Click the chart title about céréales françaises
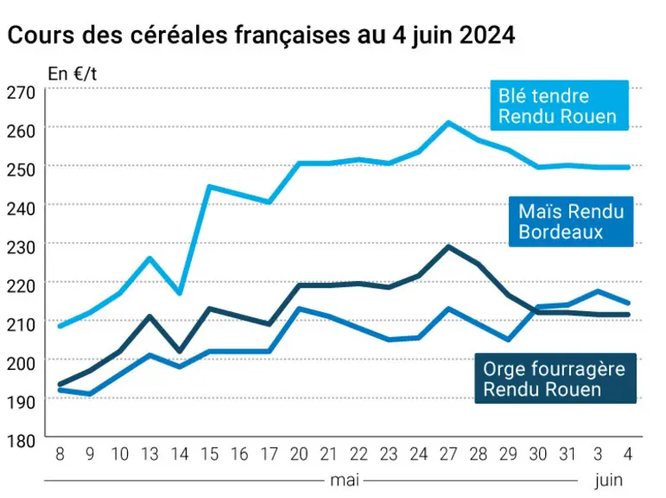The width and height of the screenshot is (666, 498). (261, 35)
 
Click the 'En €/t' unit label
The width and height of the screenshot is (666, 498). (73, 74)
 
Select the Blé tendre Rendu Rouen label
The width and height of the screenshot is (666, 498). (560, 105)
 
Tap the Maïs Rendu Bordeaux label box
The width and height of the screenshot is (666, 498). (571, 221)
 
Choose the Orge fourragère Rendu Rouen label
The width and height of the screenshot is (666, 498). (555, 378)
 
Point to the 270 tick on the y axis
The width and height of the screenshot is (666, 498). (22, 92)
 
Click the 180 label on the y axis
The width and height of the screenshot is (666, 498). (22, 441)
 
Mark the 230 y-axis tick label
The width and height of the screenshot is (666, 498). (22, 247)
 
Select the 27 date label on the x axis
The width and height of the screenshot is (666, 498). (448, 454)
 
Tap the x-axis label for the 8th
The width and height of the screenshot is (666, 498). (60, 454)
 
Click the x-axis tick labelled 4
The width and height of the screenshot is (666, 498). (628, 454)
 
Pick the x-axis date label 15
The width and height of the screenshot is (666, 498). (209, 454)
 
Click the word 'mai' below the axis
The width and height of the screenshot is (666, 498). (345, 481)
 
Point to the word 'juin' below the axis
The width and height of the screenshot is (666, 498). (609, 481)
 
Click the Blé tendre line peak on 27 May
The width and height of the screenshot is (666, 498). (448, 123)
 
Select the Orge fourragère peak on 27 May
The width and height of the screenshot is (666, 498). (448, 246)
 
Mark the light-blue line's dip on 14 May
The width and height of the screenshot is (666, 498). (180, 293)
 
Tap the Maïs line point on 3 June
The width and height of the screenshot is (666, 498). (598, 291)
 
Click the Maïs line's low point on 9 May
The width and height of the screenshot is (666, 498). (90, 393)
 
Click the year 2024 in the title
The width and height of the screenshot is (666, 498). (487, 35)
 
